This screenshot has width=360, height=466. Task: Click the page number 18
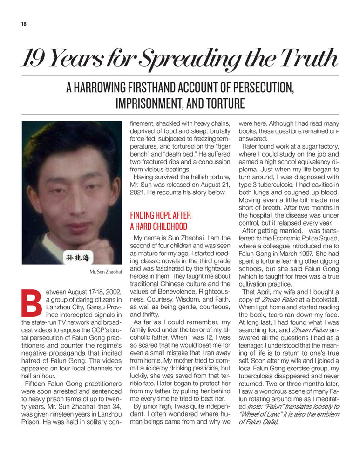24,25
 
